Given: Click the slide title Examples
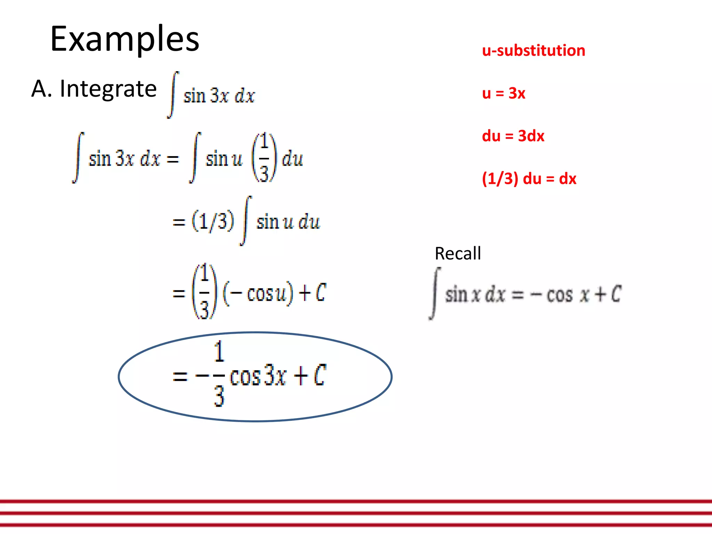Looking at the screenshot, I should click(124, 39).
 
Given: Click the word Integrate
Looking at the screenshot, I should click(108, 89).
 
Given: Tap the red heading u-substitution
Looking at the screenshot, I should click(533, 51).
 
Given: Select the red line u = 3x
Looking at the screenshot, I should click(503, 93).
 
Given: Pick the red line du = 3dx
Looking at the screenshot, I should click(513, 136).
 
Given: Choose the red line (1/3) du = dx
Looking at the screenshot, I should click(529, 179).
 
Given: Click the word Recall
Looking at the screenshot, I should click(458, 253).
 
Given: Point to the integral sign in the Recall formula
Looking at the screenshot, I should click(435, 293).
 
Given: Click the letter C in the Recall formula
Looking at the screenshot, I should click(616, 294).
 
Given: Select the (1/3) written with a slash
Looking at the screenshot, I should click(213, 221).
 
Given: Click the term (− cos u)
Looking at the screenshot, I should click(258, 293).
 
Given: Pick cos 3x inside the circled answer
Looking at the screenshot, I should click(258, 376).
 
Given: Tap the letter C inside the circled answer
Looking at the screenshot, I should click(320, 375).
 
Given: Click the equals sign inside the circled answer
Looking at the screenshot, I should click(180, 376).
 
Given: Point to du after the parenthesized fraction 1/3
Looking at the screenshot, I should click(292, 159).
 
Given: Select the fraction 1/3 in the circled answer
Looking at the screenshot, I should click(219, 374).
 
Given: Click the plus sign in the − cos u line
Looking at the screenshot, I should click(305, 293).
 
